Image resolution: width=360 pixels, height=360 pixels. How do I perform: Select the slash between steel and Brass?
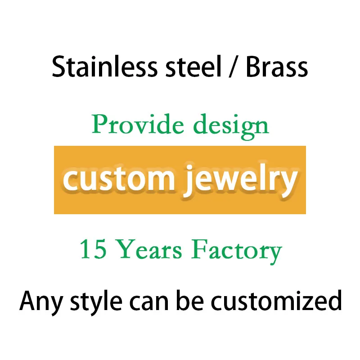(232, 67)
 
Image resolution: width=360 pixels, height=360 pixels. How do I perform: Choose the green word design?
(231, 126)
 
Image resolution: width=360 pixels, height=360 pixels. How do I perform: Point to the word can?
(151, 302)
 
